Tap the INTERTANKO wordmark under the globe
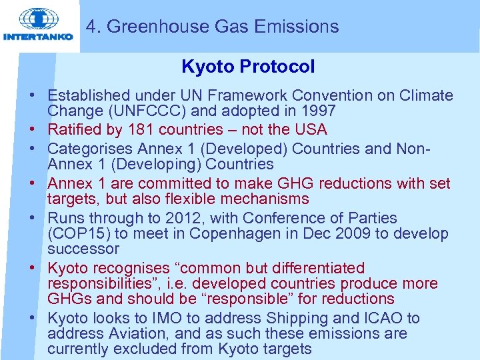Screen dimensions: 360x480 (38, 37)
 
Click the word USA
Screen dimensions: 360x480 (311, 129)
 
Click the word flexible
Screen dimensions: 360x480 (197, 199)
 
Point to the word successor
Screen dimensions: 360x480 (83, 249)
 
